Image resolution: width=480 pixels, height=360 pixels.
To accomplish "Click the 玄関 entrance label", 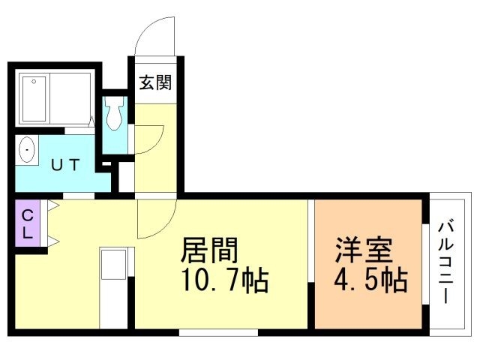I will click(155, 82).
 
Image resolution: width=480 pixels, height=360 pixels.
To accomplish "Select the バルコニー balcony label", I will click(448, 261).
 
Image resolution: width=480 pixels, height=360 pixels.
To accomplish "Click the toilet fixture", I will click(114, 114).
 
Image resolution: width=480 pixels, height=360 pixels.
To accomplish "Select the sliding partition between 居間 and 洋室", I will click(311, 262).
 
